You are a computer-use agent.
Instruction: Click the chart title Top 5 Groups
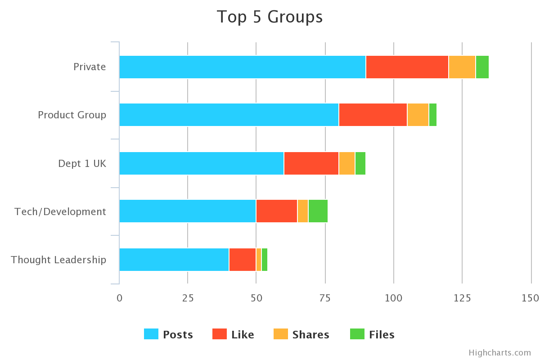(270, 17)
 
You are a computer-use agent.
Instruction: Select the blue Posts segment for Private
(242, 67)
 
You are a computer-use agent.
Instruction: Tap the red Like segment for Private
(407, 67)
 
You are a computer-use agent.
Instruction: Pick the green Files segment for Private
(482, 67)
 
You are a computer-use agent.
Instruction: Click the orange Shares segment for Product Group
(418, 115)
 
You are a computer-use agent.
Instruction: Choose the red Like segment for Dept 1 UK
(311, 163)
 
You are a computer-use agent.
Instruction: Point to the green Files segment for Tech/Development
(318, 211)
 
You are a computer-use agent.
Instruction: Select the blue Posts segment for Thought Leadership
(174, 260)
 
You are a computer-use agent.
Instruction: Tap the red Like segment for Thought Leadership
(243, 260)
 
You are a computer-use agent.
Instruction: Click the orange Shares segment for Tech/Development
(303, 211)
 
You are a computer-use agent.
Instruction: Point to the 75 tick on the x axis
(325, 298)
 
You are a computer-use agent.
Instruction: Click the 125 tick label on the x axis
(462, 298)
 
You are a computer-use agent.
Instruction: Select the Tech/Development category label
(60, 211)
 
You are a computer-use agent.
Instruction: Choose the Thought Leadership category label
(58, 260)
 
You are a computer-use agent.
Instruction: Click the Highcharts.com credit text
(499, 352)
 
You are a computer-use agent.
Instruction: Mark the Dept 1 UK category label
(82, 163)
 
